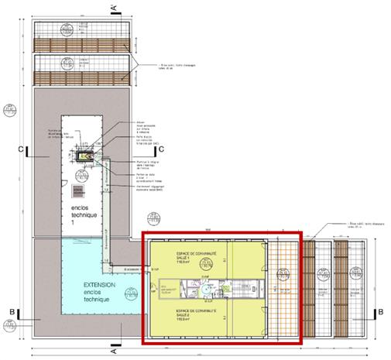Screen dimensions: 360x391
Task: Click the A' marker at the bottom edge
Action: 114,351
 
